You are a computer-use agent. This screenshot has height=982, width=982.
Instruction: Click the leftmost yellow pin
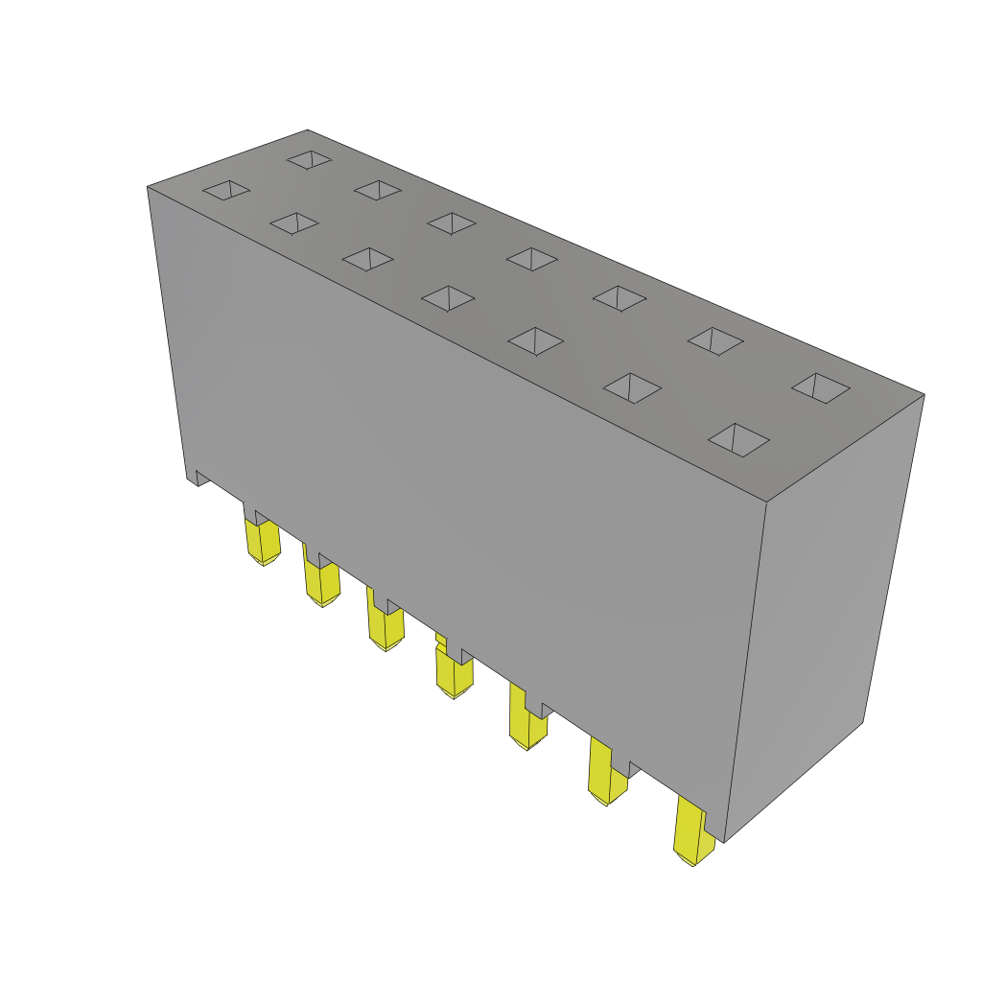[263, 541]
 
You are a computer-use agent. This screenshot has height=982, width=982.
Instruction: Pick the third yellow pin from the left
[386, 627]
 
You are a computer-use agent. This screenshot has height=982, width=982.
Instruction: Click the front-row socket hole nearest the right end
[738, 440]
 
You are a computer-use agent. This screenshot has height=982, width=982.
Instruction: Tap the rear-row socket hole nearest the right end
[821, 387]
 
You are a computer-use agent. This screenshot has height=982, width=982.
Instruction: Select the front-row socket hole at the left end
[226, 190]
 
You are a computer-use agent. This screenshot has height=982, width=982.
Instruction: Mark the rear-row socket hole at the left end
[309, 159]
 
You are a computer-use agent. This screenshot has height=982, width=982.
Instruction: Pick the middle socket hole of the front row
[448, 298]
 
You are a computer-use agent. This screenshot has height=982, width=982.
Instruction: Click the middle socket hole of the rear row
[532, 259]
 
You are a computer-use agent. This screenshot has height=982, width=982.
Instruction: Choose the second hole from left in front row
[294, 223]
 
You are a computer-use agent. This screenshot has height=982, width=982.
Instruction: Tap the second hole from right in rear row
[715, 340]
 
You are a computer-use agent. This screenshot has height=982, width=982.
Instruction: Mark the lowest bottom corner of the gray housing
[725, 842]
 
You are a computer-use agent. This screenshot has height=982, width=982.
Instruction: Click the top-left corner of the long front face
[148, 187]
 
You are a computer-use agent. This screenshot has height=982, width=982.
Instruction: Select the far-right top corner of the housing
[924, 394]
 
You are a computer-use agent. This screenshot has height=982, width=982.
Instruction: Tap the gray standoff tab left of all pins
[202, 478]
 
